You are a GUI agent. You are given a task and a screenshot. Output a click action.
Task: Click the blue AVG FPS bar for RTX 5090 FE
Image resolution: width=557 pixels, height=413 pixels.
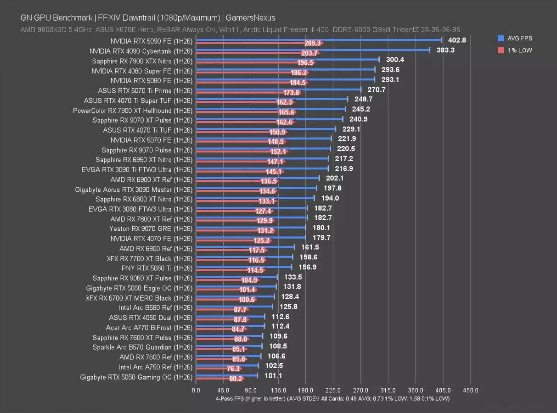(319, 40)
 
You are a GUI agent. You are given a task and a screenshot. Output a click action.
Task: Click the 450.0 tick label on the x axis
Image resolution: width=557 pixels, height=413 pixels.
(470, 390)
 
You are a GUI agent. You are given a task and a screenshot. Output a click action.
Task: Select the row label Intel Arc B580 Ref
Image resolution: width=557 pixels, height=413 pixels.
(155, 307)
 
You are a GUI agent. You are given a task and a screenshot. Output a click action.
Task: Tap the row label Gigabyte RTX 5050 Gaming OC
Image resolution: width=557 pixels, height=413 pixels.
(136, 377)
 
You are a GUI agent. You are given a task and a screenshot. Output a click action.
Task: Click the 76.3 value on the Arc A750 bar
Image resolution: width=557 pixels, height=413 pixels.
(233, 368)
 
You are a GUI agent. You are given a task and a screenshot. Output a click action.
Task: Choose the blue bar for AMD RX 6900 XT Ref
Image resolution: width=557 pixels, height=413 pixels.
(257, 178)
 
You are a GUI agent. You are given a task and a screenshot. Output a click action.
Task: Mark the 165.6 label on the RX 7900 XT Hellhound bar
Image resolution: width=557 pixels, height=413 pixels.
(286, 112)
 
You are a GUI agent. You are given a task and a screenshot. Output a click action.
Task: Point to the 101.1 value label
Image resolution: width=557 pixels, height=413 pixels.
(273, 376)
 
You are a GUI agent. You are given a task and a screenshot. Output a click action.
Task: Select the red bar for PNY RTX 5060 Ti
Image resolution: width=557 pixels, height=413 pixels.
(220, 270)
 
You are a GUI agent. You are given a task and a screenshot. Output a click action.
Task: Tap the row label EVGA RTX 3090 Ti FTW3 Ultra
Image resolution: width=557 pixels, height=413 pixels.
(137, 170)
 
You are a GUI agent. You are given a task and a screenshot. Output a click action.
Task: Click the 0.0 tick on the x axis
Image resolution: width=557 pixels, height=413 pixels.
(196, 390)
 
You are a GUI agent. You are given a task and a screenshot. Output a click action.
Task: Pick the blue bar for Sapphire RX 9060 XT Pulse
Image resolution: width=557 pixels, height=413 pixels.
(236, 277)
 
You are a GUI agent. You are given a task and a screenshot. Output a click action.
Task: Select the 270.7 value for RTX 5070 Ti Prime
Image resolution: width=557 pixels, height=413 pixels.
(377, 89)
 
